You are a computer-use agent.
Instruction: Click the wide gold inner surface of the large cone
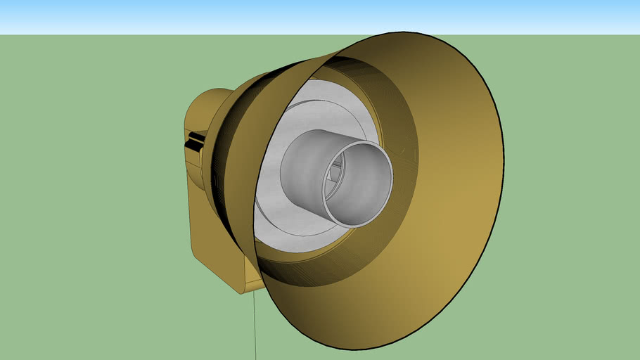click(x=450, y=211)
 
